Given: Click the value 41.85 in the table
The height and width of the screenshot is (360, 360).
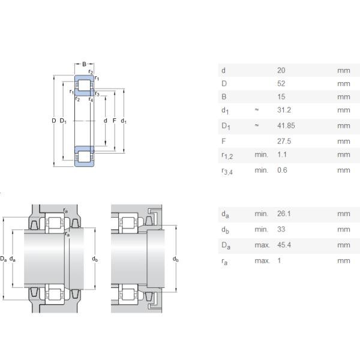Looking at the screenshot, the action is click(x=286, y=125).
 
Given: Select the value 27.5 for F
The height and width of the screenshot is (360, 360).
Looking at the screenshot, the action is click(x=284, y=141).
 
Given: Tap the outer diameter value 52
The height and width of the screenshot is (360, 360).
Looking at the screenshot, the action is click(x=281, y=83).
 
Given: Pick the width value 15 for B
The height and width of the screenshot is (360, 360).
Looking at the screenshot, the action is click(x=281, y=97).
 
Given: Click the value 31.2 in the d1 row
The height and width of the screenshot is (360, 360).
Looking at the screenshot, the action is click(x=284, y=110).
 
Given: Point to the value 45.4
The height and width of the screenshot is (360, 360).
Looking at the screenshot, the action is click(x=284, y=245).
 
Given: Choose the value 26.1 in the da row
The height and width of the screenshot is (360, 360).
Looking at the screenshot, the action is click(x=284, y=214).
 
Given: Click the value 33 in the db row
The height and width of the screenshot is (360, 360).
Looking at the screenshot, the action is click(x=281, y=229).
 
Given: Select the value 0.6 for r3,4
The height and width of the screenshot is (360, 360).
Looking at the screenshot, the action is click(x=282, y=170).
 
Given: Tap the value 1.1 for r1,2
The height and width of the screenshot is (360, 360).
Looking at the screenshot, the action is click(x=282, y=155).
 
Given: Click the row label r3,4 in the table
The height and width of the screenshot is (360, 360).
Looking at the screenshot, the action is click(x=227, y=171).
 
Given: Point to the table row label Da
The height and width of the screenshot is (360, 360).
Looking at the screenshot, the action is click(x=226, y=245).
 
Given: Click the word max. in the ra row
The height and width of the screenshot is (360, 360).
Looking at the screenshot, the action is click(x=262, y=261).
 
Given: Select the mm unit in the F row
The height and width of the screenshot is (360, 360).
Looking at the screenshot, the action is click(x=344, y=142).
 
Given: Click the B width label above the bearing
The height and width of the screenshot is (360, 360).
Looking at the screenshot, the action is click(x=84, y=64).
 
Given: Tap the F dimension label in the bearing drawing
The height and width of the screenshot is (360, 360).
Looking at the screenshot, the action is click(x=115, y=121).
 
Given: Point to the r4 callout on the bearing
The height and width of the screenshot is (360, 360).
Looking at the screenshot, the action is click(x=91, y=100).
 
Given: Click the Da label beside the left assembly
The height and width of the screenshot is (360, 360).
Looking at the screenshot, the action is click(x=4, y=259).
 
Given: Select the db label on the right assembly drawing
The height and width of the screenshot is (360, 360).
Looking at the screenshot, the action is click(x=176, y=259).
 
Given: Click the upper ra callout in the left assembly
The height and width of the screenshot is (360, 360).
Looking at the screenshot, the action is click(x=65, y=211).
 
